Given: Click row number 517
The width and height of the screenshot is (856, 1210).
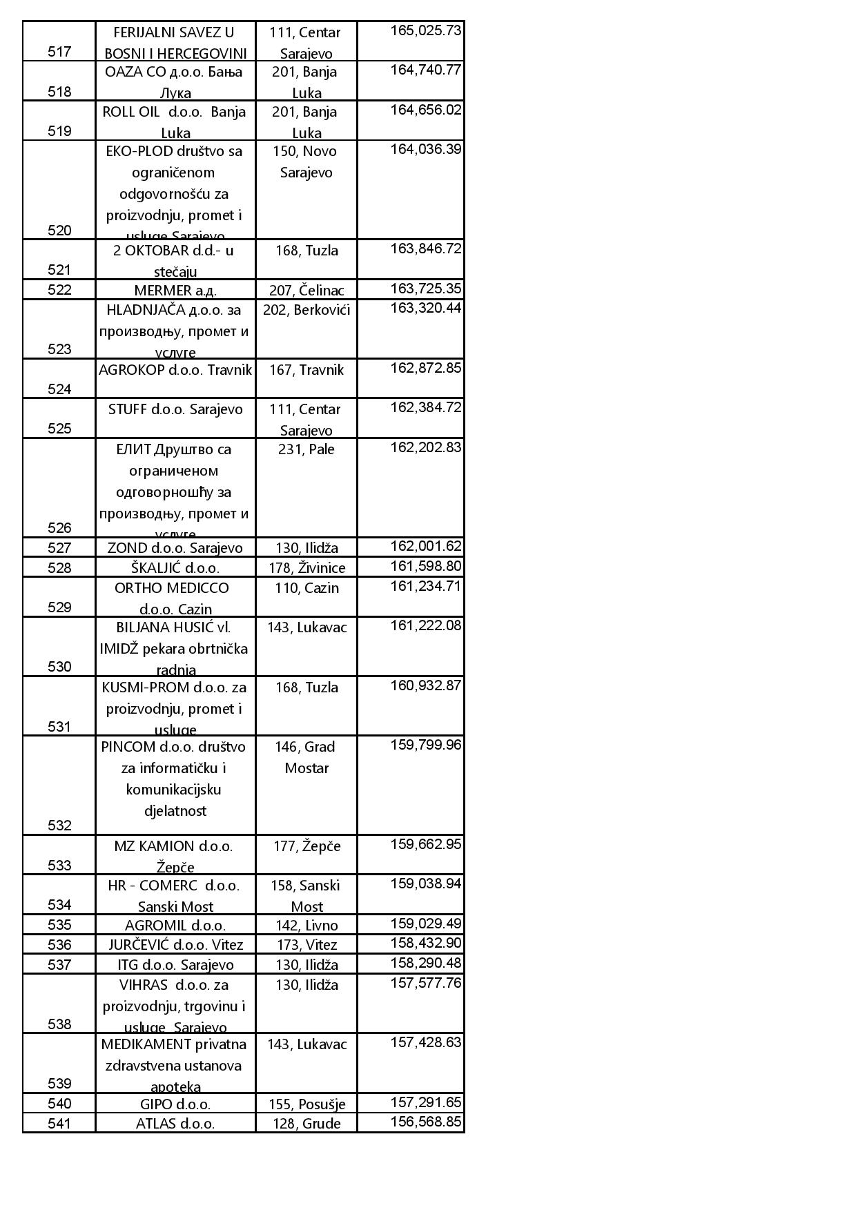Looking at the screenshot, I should click(x=59, y=52).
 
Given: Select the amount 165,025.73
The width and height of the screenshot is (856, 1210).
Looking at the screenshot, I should click(x=425, y=30).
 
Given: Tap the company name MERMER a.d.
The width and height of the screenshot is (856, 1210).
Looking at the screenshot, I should click(x=175, y=291).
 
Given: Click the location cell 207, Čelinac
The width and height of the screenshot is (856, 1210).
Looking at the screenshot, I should click(x=307, y=291).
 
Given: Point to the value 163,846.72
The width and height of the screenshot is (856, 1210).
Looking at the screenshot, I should click(x=425, y=248).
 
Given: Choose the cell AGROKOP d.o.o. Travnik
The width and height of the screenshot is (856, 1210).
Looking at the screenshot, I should click(x=175, y=370).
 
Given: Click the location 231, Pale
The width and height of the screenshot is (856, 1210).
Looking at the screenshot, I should click(x=307, y=450).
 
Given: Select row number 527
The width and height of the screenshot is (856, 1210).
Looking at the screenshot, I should click(x=59, y=548).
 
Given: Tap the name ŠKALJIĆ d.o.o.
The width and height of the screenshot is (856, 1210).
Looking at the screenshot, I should click(x=175, y=568).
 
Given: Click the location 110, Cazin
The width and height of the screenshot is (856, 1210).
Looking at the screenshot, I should click(x=307, y=588).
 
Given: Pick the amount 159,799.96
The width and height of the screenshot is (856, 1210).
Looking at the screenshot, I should click(x=425, y=745).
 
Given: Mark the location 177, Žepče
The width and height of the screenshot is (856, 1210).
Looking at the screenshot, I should click(x=307, y=846).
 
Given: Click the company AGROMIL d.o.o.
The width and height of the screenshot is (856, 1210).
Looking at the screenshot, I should click(x=175, y=926).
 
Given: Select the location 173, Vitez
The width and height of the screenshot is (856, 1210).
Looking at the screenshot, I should click(x=307, y=945).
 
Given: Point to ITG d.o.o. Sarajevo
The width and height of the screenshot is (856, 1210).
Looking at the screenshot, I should click(x=175, y=965).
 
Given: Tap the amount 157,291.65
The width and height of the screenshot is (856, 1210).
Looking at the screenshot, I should click(x=425, y=1102).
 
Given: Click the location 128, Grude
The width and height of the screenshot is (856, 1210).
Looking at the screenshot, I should click(x=307, y=1124).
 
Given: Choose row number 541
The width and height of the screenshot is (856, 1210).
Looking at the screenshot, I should click(x=59, y=1124).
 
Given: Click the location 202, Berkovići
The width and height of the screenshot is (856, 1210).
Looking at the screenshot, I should click(x=307, y=310).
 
